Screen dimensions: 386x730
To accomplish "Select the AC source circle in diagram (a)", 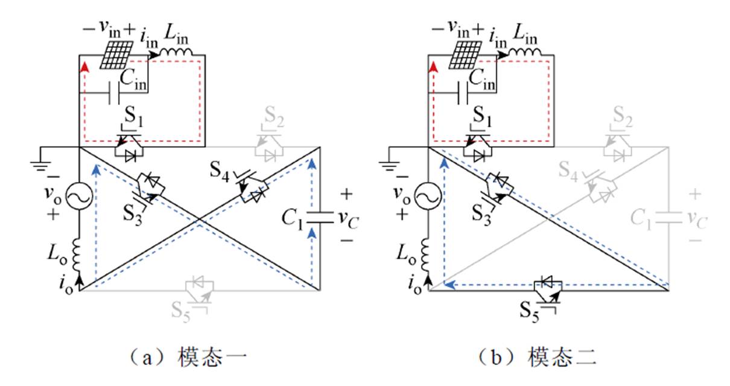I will click(x=79, y=196).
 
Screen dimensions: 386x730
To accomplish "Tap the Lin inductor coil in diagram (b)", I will click(x=525, y=54).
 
